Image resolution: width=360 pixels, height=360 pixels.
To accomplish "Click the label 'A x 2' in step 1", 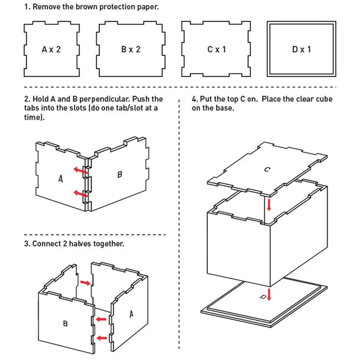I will [x=51, y=50].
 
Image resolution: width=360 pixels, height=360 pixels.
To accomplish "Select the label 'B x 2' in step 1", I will [x=131, y=50].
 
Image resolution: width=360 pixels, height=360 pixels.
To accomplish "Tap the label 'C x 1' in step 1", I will [x=217, y=50].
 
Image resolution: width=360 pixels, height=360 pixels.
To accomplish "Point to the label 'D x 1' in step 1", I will [x=301, y=50].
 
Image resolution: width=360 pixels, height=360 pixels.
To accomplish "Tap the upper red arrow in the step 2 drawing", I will [x=79, y=170].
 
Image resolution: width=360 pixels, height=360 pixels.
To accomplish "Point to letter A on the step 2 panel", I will [x=61, y=178].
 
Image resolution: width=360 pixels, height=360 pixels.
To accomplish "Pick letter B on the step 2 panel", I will [x=120, y=174].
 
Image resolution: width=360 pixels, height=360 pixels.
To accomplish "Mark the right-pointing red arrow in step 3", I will [x=84, y=282].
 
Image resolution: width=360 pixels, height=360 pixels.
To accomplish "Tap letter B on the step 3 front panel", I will [x=65, y=323].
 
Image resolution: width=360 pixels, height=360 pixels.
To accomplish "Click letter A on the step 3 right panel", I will [x=131, y=313].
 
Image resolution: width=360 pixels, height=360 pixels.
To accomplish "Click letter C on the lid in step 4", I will [x=267, y=169].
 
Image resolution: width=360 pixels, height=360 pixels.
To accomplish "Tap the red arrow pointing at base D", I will [x=269, y=295].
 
